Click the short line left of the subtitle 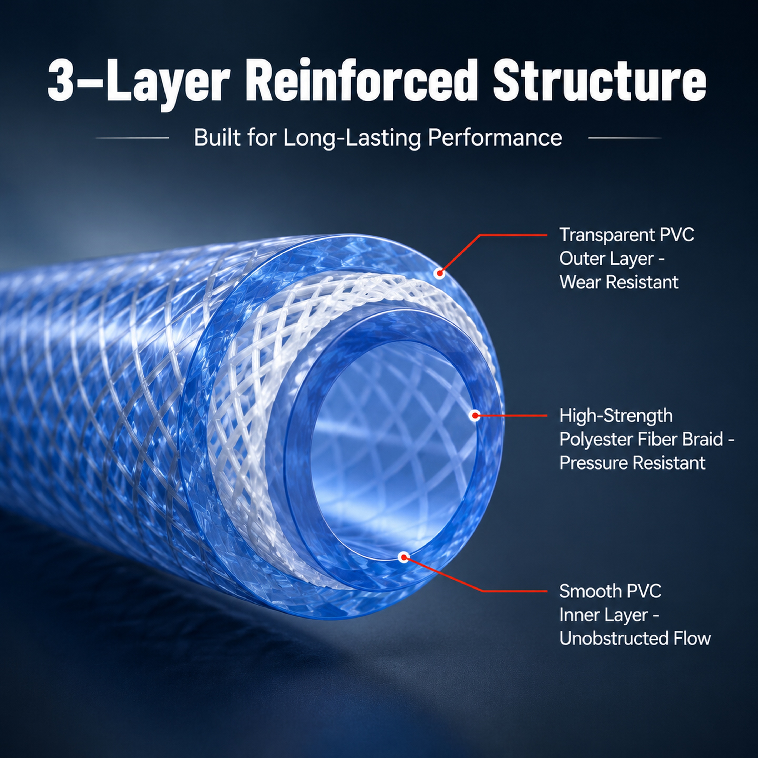[132, 138]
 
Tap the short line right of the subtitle [625, 138]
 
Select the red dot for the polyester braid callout [475, 415]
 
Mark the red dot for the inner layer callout [403, 557]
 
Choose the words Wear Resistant [619, 282]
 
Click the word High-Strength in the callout [616, 416]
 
